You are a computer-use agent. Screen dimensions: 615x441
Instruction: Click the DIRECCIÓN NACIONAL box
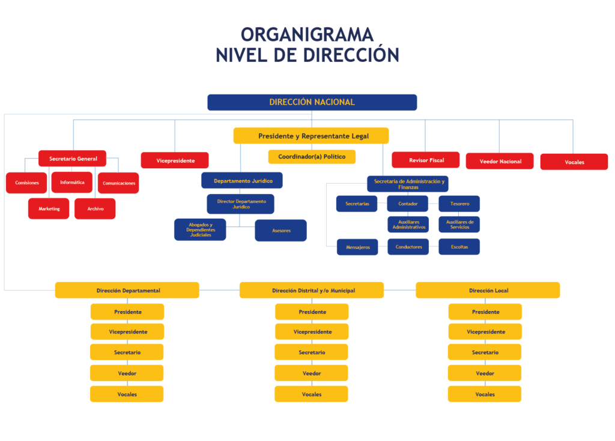coord(312,102)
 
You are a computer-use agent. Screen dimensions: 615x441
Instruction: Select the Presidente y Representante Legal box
coord(311,136)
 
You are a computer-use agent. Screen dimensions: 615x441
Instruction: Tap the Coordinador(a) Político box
coord(312,157)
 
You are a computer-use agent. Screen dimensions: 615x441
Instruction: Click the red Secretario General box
coord(72,159)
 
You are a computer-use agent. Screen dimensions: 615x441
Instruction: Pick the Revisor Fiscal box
coord(426,160)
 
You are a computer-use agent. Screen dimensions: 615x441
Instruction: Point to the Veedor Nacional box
coord(500,161)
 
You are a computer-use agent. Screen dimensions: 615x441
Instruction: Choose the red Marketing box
coord(49,208)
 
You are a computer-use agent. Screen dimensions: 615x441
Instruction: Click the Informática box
coord(72,183)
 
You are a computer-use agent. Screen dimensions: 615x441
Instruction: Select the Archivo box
coord(95,208)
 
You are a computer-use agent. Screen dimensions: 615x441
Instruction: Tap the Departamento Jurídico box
coord(242,180)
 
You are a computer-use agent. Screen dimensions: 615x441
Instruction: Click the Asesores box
coord(281,230)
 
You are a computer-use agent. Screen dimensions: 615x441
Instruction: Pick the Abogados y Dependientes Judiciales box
coord(200,230)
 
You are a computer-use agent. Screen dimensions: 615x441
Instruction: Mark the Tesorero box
coord(459,204)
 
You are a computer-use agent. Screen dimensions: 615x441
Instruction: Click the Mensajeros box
coord(357,247)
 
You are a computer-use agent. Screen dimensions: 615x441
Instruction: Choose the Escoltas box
coord(459,247)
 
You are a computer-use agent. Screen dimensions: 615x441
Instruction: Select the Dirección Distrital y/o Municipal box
coord(312,290)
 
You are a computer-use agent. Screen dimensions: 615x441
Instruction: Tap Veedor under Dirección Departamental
coord(127,373)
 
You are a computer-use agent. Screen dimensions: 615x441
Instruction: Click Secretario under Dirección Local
coord(485,352)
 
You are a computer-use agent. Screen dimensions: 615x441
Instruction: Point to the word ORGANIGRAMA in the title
coord(307,34)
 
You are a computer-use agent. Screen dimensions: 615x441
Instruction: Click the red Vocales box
coord(574,162)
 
